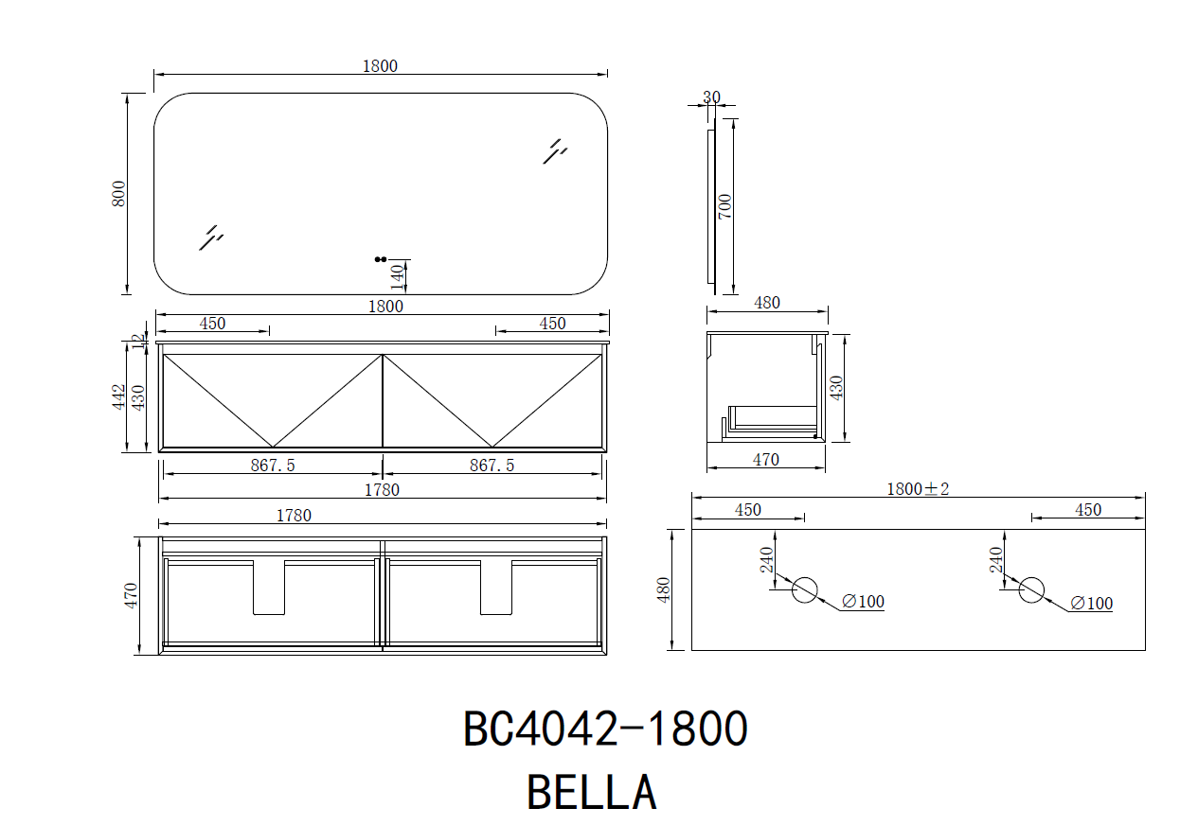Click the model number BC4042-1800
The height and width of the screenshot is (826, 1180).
coord(605,729)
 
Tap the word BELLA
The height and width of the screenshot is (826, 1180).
coord(592,792)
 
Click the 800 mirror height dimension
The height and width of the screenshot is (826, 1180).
coord(119,194)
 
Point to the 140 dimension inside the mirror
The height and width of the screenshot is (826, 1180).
coord(398,277)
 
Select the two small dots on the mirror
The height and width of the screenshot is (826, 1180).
coord(381,259)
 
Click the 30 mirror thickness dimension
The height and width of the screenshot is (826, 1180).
coord(711,97)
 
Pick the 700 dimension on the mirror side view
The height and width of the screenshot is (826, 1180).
coord(725,207)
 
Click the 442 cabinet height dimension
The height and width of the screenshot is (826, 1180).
coord(118,397)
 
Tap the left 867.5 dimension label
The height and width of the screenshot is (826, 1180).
coord(273,466)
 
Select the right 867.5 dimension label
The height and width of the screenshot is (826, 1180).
coord(492,466)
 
